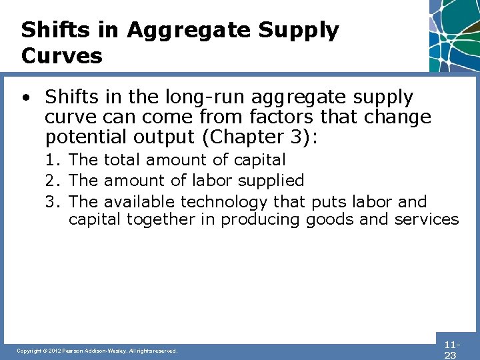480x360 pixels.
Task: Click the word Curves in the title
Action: pos(62,55)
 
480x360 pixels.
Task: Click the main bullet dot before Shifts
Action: pos(25,98)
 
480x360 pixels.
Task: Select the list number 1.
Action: pos(51,160)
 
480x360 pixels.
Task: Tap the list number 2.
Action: pos(51,181)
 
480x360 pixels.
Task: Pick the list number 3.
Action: pos(51,201)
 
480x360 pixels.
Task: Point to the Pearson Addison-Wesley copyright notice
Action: pos(97,351)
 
